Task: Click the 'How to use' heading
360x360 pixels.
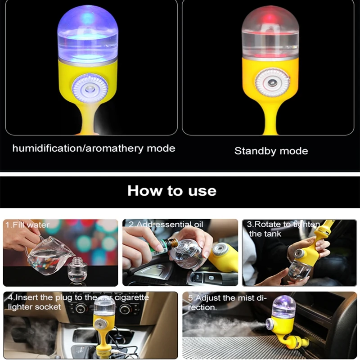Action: (172, 191)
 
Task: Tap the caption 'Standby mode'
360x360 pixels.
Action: (271, 151)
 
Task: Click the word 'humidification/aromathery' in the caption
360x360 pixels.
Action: (78, 148)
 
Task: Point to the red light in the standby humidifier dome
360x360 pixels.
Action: (270, 17)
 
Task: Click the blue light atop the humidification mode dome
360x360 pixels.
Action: (88, 17)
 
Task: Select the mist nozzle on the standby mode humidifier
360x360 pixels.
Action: (272, 82)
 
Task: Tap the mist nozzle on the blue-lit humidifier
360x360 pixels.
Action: (90, 88)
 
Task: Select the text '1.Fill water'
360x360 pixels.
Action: (27, 225)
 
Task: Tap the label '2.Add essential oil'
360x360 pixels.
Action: (166, 224)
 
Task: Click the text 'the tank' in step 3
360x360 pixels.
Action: (265, 234)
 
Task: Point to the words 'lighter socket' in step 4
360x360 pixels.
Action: (35, 307)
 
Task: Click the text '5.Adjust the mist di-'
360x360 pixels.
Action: (227, 298)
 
